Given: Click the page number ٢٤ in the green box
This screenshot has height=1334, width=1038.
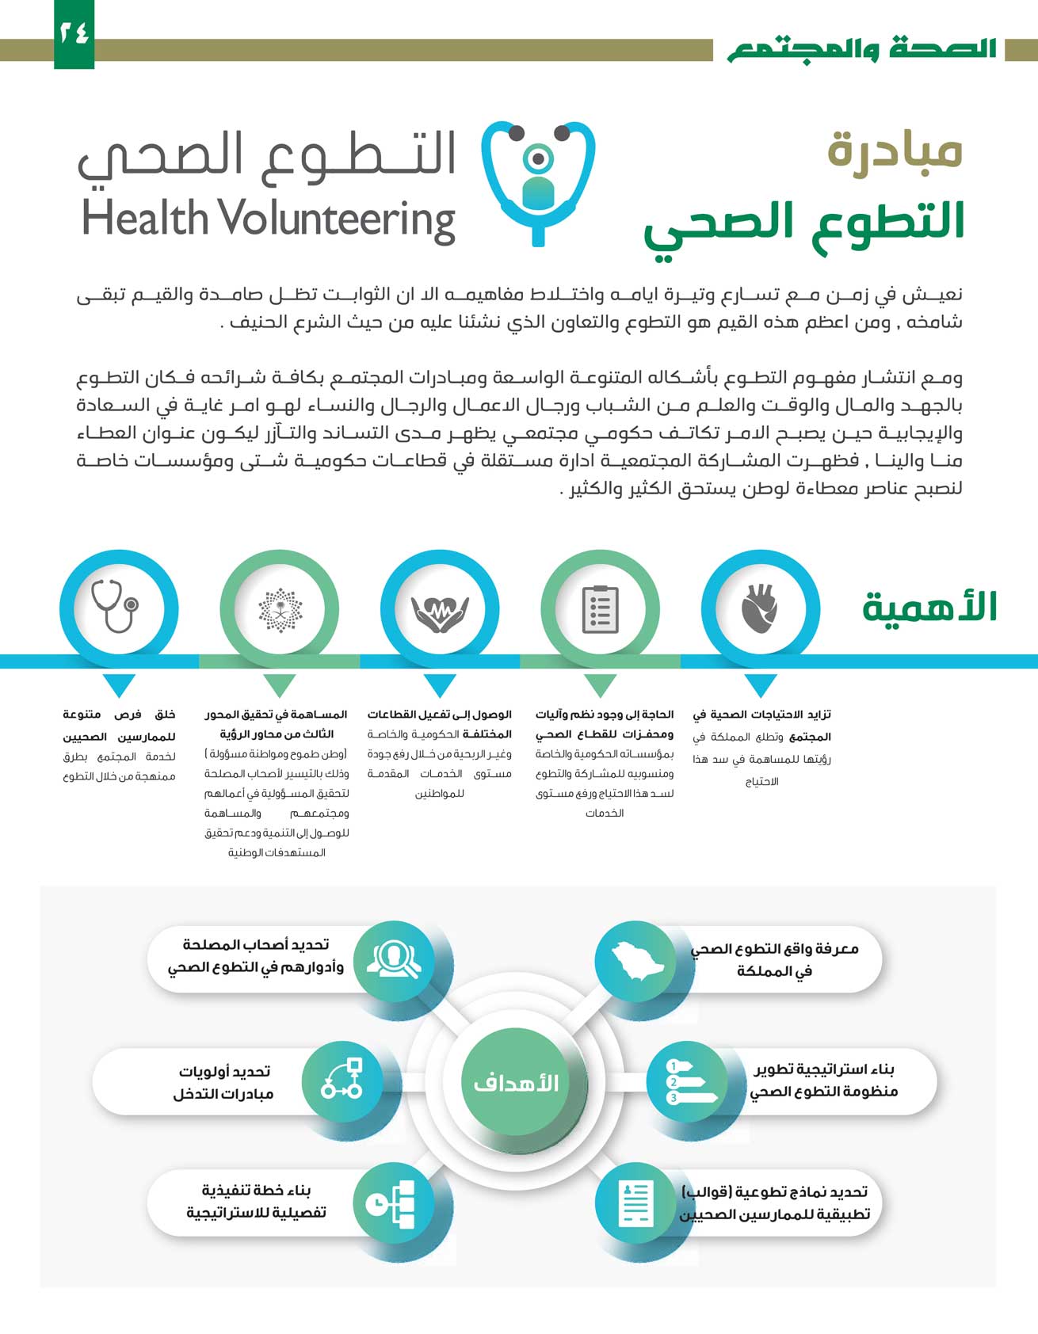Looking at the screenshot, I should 74,33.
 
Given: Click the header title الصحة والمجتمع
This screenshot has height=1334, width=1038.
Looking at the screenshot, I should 862,49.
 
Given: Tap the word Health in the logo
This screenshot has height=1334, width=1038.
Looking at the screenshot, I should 145,219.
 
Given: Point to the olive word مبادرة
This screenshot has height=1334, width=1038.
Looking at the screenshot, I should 895,150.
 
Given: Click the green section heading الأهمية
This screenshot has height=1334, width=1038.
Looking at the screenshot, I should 929,608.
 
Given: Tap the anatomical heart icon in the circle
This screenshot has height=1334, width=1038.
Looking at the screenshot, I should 761,609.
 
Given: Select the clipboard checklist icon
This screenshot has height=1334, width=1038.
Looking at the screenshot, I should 600,609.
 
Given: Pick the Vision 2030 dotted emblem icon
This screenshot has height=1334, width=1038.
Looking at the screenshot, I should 280,609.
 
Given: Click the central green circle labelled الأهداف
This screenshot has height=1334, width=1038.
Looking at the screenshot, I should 517,1082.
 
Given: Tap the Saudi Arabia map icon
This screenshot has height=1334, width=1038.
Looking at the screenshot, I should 634,960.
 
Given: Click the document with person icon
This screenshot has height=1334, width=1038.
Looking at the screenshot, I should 635,1203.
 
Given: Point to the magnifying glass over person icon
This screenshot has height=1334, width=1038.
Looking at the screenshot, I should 394,960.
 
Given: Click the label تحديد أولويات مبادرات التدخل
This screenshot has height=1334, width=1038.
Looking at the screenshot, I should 224,1082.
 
